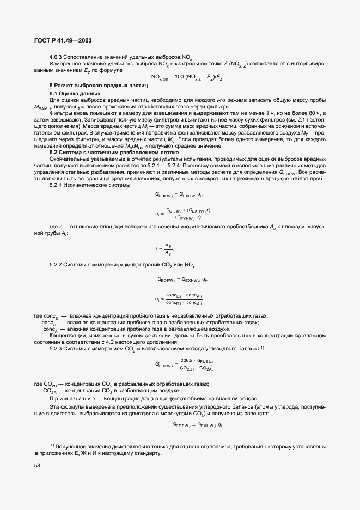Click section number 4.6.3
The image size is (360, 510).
pos(58,57)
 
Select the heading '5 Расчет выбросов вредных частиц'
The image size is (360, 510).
pos(99,86)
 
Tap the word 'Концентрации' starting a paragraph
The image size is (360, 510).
pos(69,336)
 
